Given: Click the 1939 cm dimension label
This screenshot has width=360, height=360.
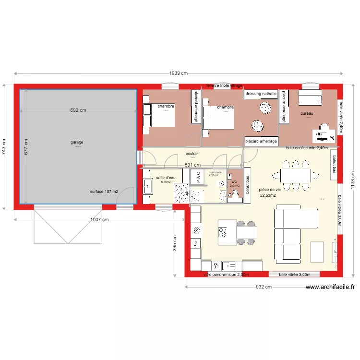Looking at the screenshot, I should click(x=178, y=73).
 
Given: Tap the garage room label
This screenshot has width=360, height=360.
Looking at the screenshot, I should click(x=77, y=143).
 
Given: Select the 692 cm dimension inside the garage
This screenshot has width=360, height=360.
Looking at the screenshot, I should click(x=78, y=110).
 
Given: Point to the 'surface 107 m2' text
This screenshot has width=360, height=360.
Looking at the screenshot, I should click(x=104, y=192).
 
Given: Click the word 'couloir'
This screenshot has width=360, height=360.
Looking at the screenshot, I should click(x=192, y=154).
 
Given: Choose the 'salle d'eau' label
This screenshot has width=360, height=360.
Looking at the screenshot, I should click(x=166, y=178).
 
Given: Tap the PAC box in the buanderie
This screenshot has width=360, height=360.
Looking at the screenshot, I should click(x=197, y=177).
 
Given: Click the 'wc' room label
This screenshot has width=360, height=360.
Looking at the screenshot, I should click(x=234, y=182).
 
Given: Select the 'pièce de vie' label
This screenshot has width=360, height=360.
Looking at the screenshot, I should click(x=269, y=190).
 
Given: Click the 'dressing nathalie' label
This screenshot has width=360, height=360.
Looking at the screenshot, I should click(x=261, y=94).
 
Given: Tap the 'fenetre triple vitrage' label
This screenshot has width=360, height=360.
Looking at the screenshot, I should click(x=224, y=85).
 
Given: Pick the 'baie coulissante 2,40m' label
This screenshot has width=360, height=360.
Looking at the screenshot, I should click(x=307, y=148).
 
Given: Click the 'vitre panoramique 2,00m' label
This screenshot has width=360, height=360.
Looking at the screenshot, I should click(x=226, y=275).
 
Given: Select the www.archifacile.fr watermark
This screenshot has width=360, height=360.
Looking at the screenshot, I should click(x=331, y=287).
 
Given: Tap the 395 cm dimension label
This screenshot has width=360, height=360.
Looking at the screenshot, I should click(x=175, y=243).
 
